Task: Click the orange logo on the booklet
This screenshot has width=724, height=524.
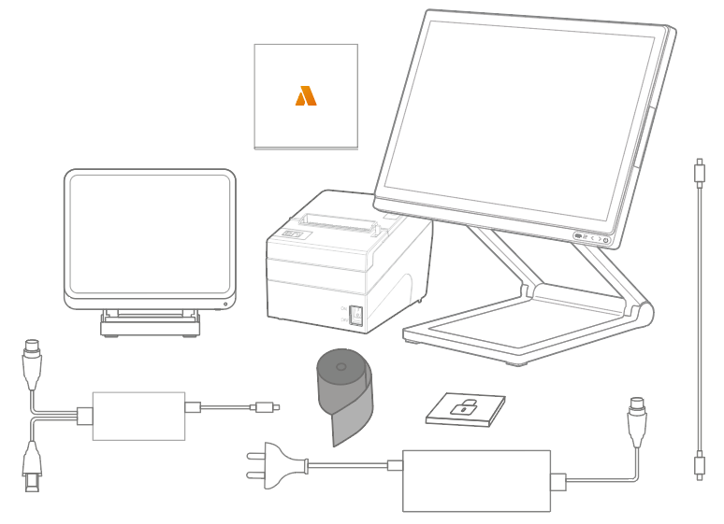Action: pos(306,95)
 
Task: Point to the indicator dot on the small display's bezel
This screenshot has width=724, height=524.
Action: pos(225,303)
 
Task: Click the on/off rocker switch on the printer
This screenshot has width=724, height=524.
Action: pos(356,316)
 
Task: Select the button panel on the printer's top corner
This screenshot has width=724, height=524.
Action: pos(293,234)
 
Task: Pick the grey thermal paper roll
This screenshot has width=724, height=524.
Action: pos(342,392)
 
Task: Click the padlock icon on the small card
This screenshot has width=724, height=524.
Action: pos(464,408)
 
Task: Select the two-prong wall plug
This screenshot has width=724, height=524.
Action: pos(271,463)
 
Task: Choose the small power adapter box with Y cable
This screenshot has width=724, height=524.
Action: pos(138,415)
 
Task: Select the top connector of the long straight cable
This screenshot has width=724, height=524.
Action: pos(699,173)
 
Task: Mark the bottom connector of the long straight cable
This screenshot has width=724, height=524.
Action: pos(699,464)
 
